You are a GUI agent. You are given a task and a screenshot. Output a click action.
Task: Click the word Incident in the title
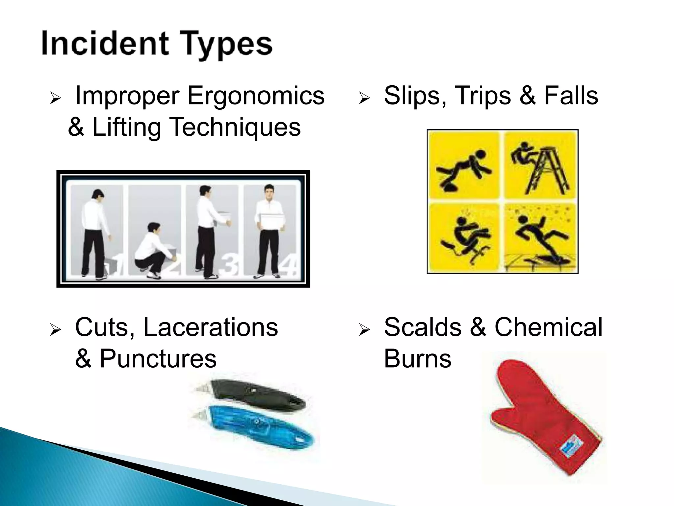tap(105, 43)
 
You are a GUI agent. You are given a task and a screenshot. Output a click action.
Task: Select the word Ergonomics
tap(256, 96)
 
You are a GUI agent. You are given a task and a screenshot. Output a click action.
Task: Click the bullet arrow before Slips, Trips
tap(365, 98)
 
